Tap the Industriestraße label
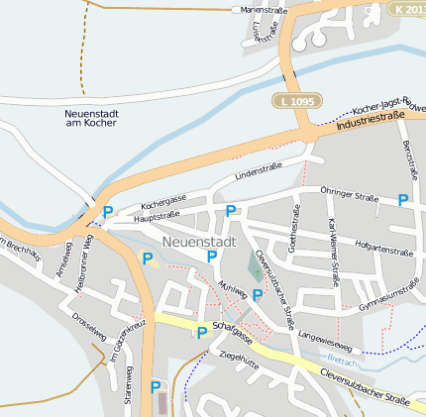point(372,123)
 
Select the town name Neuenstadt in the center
point(198,242)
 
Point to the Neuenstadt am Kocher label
point(91,117)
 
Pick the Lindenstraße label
point(258,171)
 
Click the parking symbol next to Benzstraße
point(402,200)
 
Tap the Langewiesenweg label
point(324,341)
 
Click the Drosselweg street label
point(89,328)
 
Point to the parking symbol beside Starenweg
point(155,387)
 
